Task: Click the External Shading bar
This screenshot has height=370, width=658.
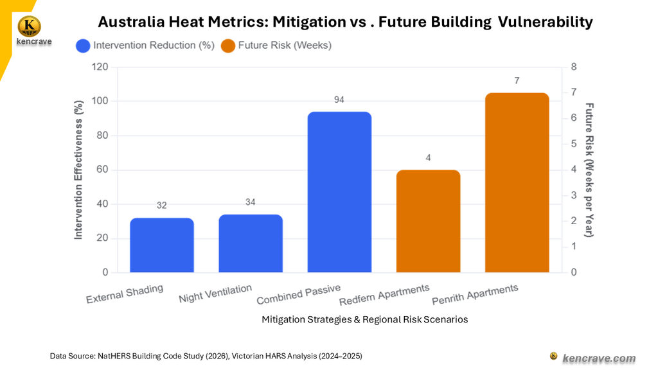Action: pos(162,245)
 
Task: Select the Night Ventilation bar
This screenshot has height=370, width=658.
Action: pos(251,243)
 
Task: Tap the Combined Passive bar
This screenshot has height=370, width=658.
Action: pos(339,192)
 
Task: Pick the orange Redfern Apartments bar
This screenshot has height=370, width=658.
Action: pos(428,221)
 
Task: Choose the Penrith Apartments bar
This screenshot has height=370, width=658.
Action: pos(517,182)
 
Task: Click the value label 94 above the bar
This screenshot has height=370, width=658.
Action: pos(339,100)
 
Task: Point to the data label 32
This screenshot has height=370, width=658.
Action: pos(161,205)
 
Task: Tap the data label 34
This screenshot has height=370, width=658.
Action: pos(251,202)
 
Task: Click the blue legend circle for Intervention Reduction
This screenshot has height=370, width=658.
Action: pos(83,46)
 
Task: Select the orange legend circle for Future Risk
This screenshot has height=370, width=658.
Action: pos(228,46)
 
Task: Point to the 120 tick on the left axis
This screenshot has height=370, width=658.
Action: pos(100,67)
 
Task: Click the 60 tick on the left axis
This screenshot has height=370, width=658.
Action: pos(103,170)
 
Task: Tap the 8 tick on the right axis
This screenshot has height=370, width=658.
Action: pos(574,67)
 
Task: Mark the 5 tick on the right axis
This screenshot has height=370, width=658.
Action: pos(574,144)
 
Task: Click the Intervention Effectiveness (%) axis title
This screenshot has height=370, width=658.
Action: pos(78,170)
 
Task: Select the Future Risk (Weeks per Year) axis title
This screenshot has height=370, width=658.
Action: pos(589,170)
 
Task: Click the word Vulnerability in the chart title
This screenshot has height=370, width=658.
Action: pos(545,22)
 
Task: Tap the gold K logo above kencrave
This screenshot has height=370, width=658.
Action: pos(30,26)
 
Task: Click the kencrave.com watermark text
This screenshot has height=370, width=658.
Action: pos(599,358)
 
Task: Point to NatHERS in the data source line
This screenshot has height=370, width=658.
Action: pos(114,356)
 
